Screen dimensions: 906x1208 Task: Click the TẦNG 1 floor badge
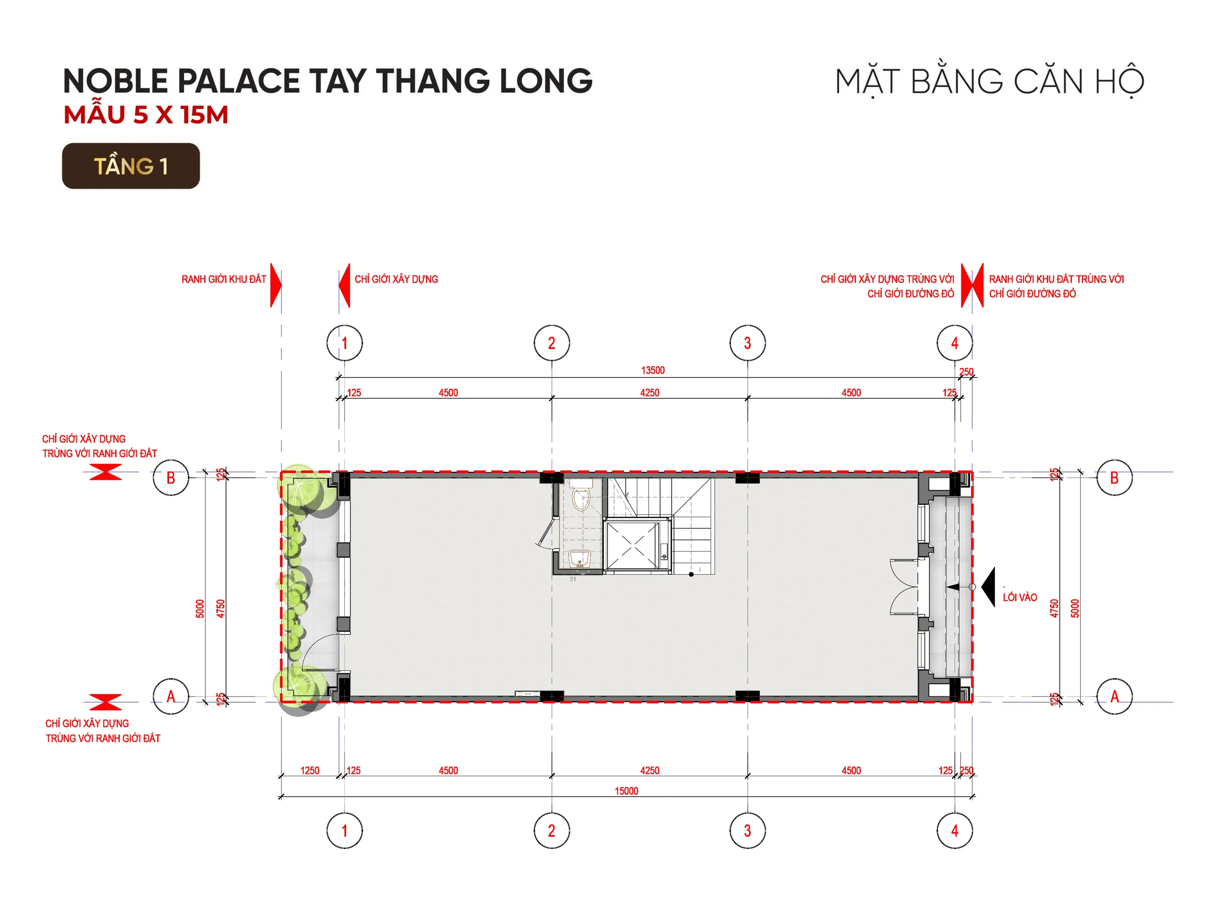coord(131,166)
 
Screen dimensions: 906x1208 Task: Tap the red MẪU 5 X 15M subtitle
coord(145,115)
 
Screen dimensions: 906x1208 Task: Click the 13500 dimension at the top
coord(653,370)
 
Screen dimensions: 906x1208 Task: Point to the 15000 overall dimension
coord(626,791)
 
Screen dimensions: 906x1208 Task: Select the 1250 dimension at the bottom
coord(310,771)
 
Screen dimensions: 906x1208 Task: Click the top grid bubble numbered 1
coord(344,343)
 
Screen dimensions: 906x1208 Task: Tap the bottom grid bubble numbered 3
coord(747,830)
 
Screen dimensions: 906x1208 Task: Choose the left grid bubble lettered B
coord(170,478)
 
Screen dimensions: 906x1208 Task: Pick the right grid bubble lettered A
coord(1115,696)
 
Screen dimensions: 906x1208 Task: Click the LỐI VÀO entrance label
coord(1020,597)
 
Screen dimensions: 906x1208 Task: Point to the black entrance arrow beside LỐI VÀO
coord(989,587)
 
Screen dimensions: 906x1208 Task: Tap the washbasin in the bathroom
coord(579,558)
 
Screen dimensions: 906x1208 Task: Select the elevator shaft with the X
coord(631,545)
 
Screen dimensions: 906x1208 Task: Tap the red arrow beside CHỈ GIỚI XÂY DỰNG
coord(344,285)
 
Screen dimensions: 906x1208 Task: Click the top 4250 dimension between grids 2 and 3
coord(650,393)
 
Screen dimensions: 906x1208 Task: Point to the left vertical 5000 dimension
coord(200,608)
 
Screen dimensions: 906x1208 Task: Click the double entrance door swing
coord(904,587)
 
